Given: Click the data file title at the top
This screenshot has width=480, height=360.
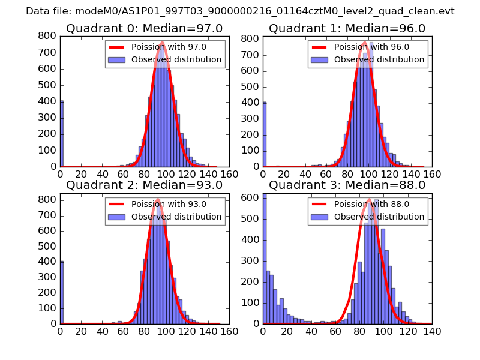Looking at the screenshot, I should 240,11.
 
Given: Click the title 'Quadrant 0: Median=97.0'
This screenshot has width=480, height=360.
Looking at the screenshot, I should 144,29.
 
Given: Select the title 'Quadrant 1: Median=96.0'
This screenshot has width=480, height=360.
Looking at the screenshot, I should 347,29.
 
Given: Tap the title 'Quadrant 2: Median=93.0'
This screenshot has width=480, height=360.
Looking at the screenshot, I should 144,185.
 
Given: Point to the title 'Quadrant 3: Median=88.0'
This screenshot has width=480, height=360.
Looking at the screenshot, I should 347,185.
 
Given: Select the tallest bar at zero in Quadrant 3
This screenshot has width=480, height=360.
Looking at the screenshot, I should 265,258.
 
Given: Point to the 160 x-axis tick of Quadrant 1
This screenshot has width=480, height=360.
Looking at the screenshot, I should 432,174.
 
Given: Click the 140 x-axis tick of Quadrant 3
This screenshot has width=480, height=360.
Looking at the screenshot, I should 432,331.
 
